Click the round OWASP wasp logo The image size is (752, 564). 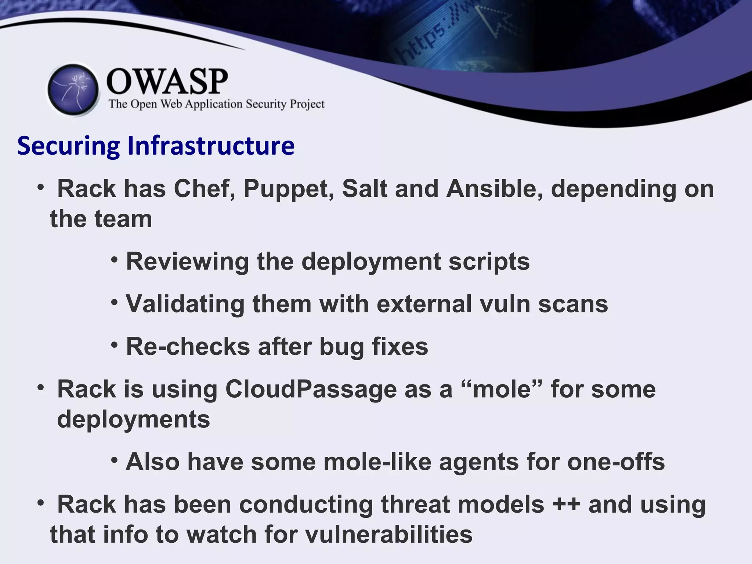pos(73,90)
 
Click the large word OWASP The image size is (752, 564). pos(167,82)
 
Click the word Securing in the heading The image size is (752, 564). pos(68,146)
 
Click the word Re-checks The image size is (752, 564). pos(188,347)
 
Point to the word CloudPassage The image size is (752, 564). pos(311,389)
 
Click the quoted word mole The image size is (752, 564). pos(502,389)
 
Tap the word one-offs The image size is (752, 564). pos(616,462)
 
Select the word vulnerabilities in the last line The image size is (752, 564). pos(388,535)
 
